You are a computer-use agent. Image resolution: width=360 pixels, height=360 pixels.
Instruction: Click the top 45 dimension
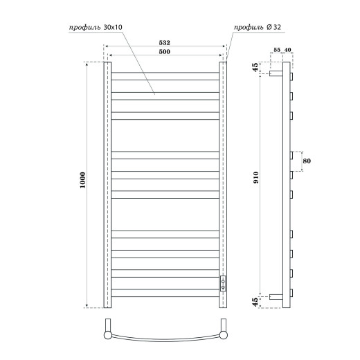coord(256,69)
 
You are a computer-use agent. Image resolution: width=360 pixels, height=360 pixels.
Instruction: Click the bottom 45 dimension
coord(256,300)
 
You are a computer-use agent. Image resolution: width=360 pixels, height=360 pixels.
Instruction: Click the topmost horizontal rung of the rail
coord(165,71)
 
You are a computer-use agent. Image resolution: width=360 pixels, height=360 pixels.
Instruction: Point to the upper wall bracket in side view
coord(276,73)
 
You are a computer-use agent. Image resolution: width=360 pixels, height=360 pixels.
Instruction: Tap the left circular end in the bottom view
coord(108,336)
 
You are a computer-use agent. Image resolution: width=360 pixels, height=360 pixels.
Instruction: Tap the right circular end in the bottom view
coord(224,336)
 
